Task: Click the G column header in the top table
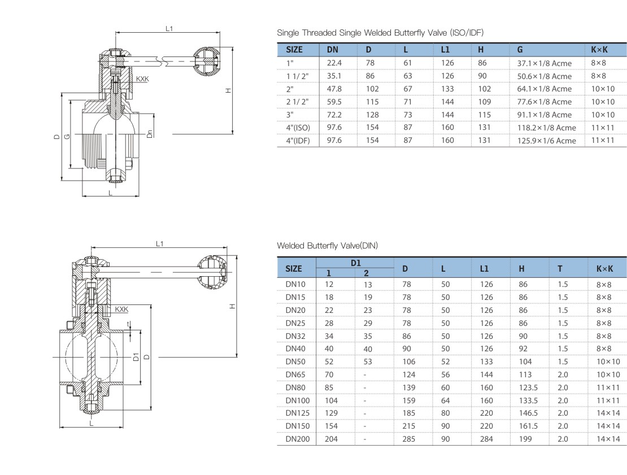point(520,50)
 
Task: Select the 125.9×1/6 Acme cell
point(546,141)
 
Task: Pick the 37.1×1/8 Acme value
point(545,63)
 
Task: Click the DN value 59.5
point(334,102)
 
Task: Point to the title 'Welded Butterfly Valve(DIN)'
point(327,246)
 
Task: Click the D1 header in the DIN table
point(355,263)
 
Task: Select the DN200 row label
point(297,438)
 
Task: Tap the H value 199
point(525,438)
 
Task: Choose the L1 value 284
point(486,438)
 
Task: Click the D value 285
point(408,438)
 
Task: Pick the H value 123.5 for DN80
point(529,387)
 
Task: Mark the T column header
point(560,268)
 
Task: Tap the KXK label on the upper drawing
point(142,79)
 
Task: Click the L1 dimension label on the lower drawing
point(160,243)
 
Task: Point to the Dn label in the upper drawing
point(149,133)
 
